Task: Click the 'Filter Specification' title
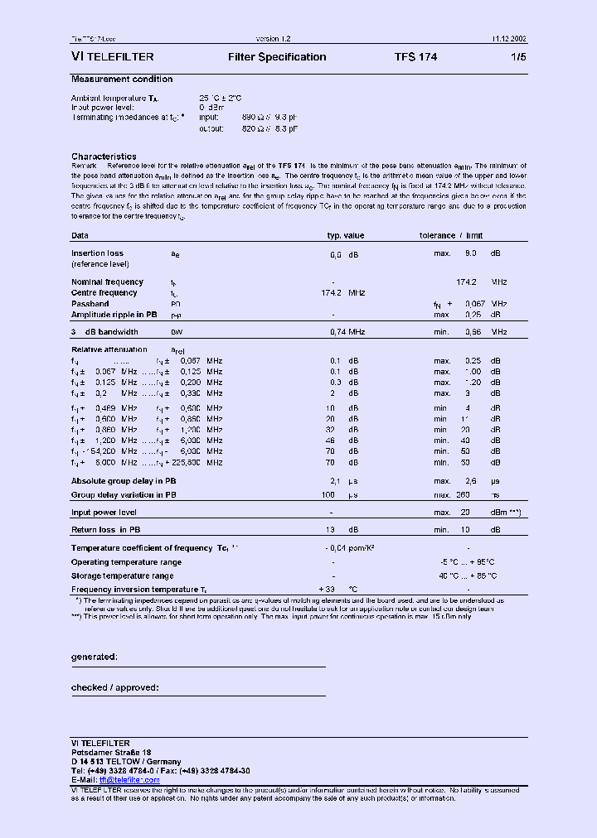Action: [277, 57]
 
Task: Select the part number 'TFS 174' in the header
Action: [415, 57]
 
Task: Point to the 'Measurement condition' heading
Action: [122, 79]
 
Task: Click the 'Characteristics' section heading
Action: [104, 156]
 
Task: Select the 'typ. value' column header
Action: [345, 236]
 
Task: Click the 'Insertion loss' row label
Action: [97, 253]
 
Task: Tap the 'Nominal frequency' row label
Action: [107, 282]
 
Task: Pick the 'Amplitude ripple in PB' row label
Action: [114, 315]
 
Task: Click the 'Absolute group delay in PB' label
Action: [124, 481]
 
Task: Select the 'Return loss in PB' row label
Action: [105, 530]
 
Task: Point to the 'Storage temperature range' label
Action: [122, 576]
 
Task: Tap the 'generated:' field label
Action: [94, 657]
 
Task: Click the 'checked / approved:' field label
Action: [114, 687]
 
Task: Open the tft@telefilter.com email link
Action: [129, 780]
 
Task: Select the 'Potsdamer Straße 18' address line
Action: [110, 752]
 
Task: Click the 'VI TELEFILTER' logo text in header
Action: [113, 57]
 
